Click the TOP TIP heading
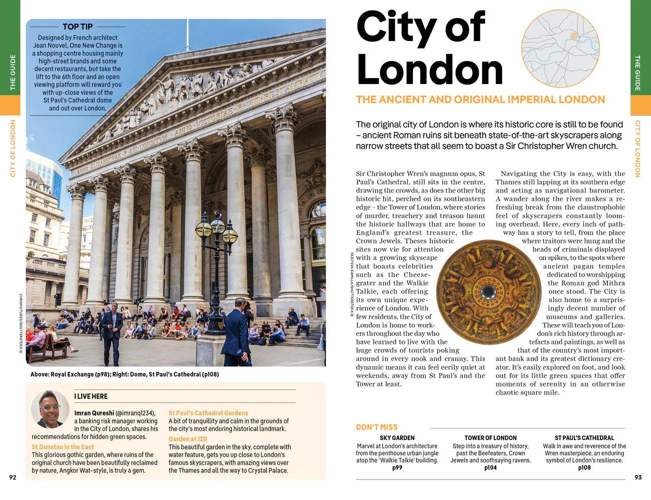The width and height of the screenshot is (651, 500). click(x=78, y=26)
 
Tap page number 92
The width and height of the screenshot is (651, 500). click(x=13, y=477)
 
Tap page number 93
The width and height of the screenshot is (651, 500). click(x=637, y=477)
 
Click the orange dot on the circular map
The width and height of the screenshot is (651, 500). click(x=574, y=36)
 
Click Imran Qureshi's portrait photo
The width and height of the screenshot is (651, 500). click(x=50, y=408)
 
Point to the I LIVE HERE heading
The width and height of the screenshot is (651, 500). click(x=91, y=396)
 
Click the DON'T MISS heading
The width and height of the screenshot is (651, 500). click(x=377, y=427)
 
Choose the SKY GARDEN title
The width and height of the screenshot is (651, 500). click(x=397, y=437)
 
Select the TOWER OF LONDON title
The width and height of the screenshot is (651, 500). click(x=490, y=437)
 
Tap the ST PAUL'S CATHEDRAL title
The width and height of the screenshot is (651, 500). click(x=584, y=437)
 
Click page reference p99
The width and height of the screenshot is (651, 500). click(x=397, y=468)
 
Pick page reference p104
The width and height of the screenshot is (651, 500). click(x=490, y=468)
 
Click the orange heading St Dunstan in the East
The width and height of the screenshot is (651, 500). click(x=63, y=447)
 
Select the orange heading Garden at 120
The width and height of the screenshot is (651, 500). click(x=188, y=439)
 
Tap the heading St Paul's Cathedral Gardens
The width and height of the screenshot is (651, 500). click(x=208, y=413)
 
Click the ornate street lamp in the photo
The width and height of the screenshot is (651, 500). click(x=216, y=235)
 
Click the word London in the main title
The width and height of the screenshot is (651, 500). click(x=429, y=70)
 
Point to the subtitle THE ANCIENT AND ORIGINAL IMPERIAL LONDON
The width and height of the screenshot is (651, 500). click(x=480, y=99)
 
